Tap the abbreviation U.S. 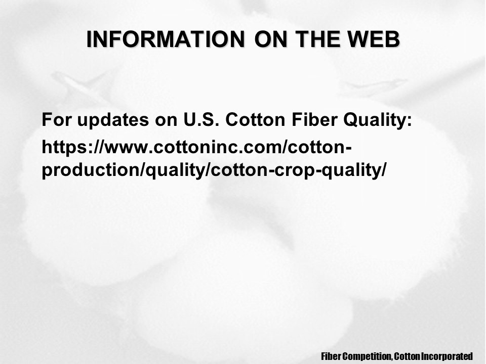(x=201, y=119)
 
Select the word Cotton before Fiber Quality (x=255, y=119)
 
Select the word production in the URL (x=91, y=170)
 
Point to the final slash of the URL (x=384, y=170)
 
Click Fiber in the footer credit (x=331, y=356)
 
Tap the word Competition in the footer (x=368, y=356)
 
